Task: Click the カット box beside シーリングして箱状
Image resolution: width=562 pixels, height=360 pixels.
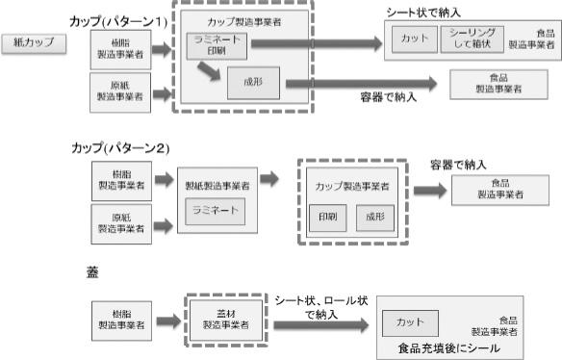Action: [x=414, y=39]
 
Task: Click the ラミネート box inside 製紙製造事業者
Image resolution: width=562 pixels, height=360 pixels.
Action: [x=217, y=210]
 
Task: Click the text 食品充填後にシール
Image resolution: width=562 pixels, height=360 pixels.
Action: [x=448, y=347]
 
